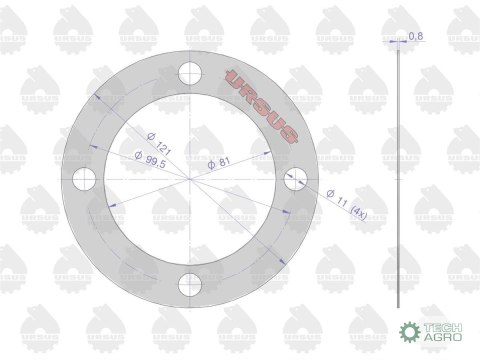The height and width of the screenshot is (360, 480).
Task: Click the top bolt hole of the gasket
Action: click(190, 73)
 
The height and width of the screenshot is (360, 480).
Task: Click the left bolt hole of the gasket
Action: click(84, 179)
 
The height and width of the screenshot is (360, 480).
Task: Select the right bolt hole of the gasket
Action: click(296, 179)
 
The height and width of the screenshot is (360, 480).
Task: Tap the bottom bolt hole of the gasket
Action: click(190, 285)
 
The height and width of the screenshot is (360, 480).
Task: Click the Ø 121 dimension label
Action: click(159, 144)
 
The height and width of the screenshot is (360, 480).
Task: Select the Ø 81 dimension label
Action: click(219, 163)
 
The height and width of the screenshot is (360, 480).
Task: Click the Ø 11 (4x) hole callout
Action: click(346, 205)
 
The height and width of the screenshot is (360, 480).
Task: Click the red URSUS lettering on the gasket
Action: click(261, 106)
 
